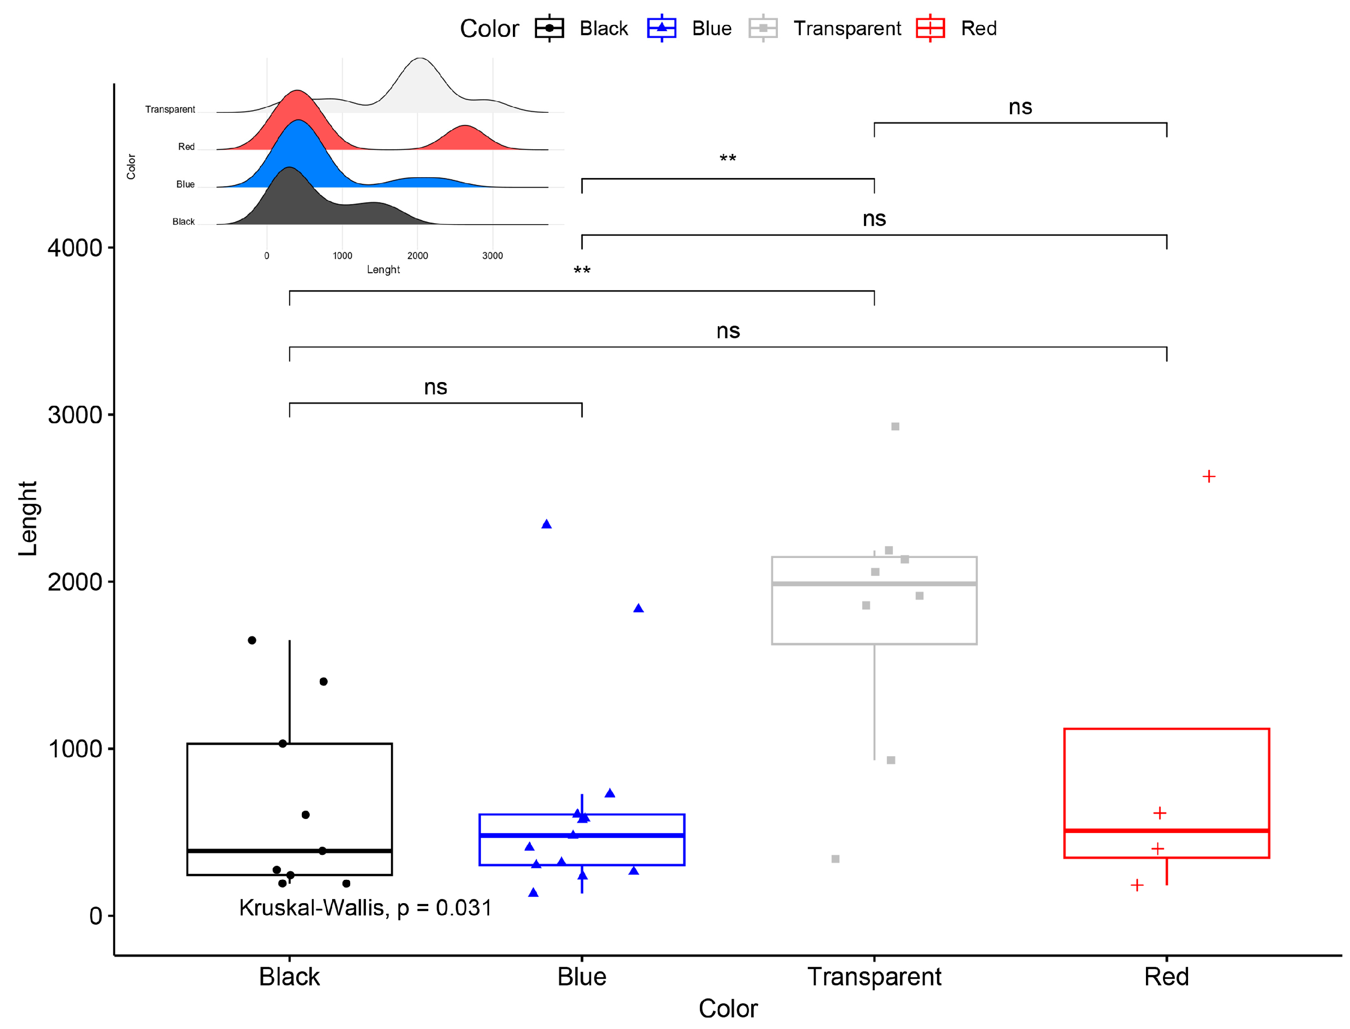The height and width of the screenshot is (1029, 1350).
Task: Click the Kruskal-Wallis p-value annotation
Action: [365, 908]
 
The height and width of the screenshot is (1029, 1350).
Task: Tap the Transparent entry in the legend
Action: [846, 28]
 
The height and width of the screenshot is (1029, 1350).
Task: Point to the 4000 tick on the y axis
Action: [75, 248]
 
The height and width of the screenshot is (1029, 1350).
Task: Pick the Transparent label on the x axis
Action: [874, 977]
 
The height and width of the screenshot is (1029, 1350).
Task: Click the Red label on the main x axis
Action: [1166, 977]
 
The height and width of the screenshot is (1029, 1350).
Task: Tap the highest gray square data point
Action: [895, 426]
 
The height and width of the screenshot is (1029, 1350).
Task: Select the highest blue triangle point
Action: [546, 524]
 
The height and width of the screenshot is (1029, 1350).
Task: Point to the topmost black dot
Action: [252, 640]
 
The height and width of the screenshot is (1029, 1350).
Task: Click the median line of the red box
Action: [1166, 831]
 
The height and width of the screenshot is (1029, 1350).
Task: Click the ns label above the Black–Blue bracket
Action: [436, 387]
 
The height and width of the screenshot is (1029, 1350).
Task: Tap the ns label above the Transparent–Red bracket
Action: [1021, 107]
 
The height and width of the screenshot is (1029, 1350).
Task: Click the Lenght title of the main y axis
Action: [28, 519]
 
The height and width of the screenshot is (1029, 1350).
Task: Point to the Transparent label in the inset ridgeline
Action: [170, 110]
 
